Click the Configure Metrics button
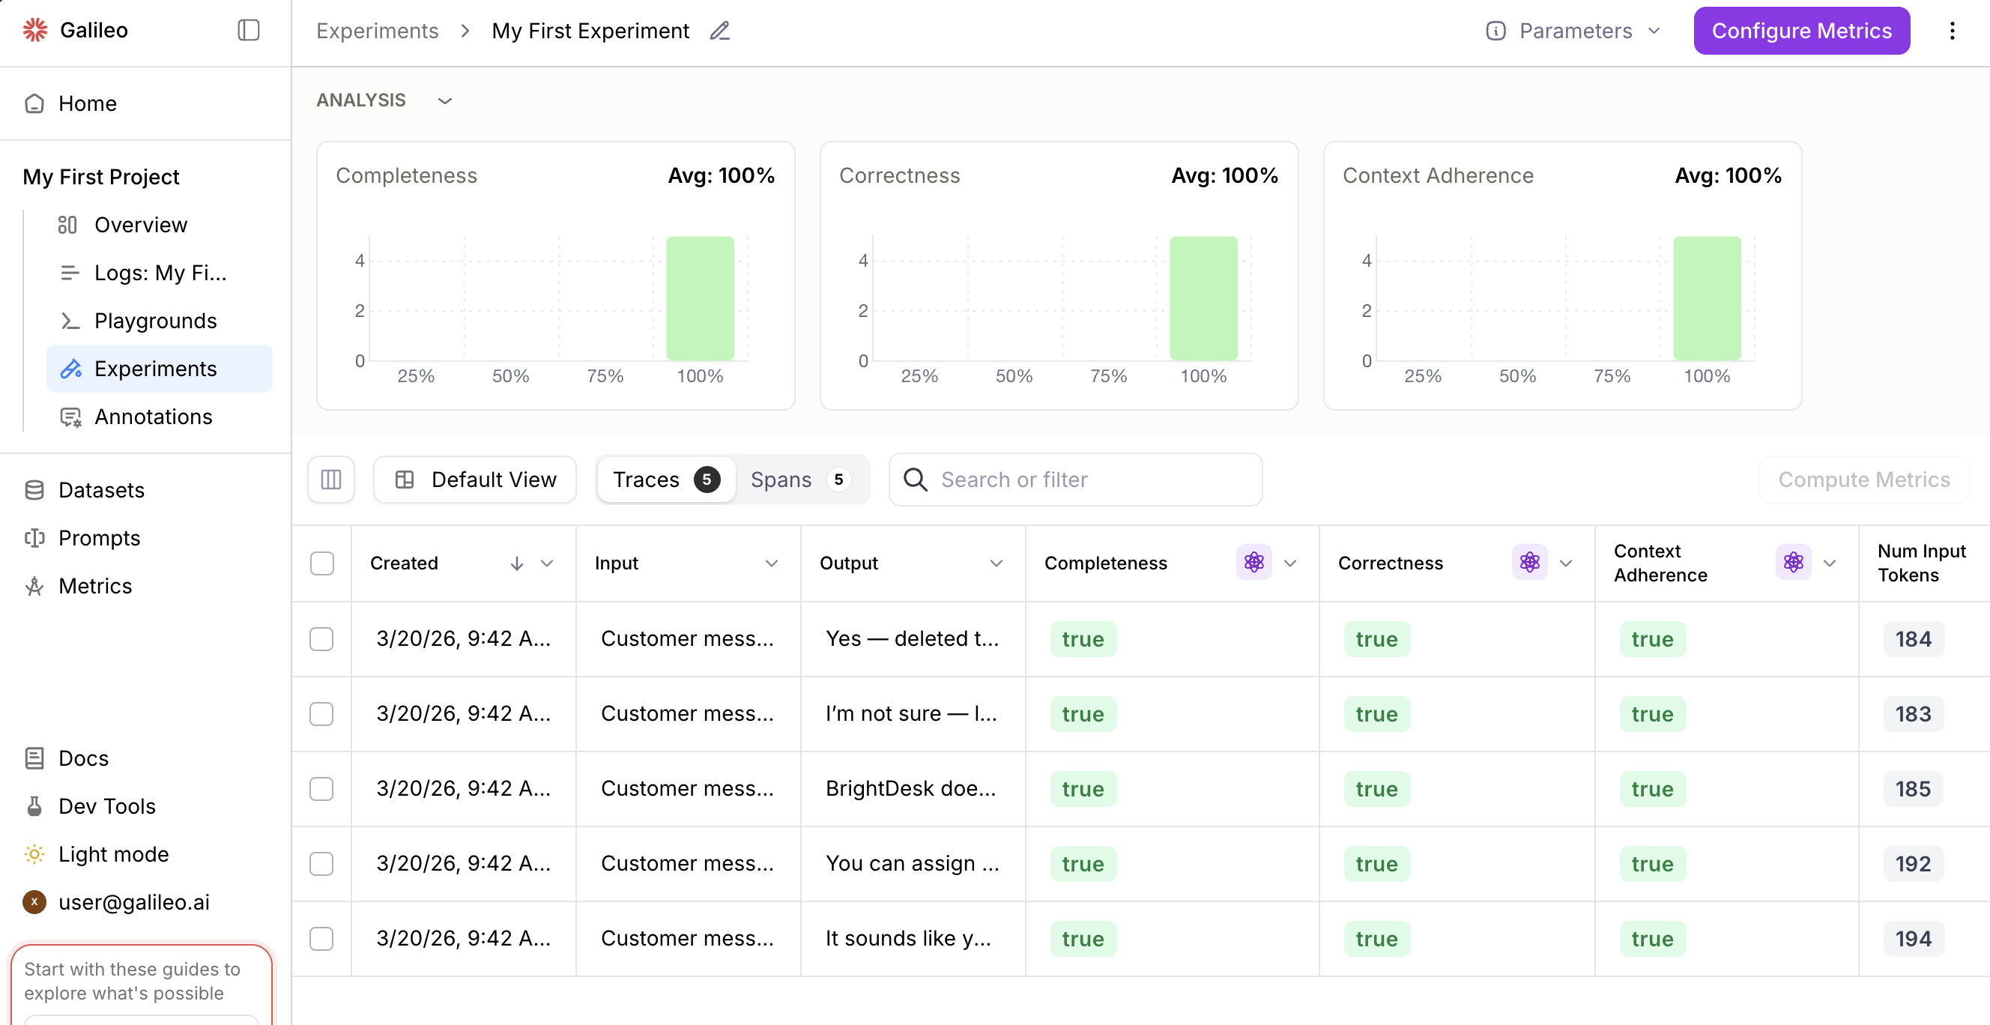tap(1800, 31)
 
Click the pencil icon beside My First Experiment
tap(719, 31)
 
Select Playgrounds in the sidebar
tap(155, 321)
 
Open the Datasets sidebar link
tap(101, 490)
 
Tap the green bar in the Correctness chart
tap(1203, 298)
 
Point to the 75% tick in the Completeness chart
tap(605, 376)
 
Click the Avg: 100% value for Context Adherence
tap(1728, 175)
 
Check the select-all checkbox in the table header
tap(322, 563)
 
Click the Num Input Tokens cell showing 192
tap(1913, 864)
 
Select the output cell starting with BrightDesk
tap(911, 789)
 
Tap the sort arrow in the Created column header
tap(517, 563)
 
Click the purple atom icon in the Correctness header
tap(1528, 562)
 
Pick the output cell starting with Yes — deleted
tap(912, 639)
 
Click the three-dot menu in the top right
tap(1951, 31)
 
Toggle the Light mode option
tap(113, 854)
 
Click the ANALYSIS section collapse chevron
tap(445, 101)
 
